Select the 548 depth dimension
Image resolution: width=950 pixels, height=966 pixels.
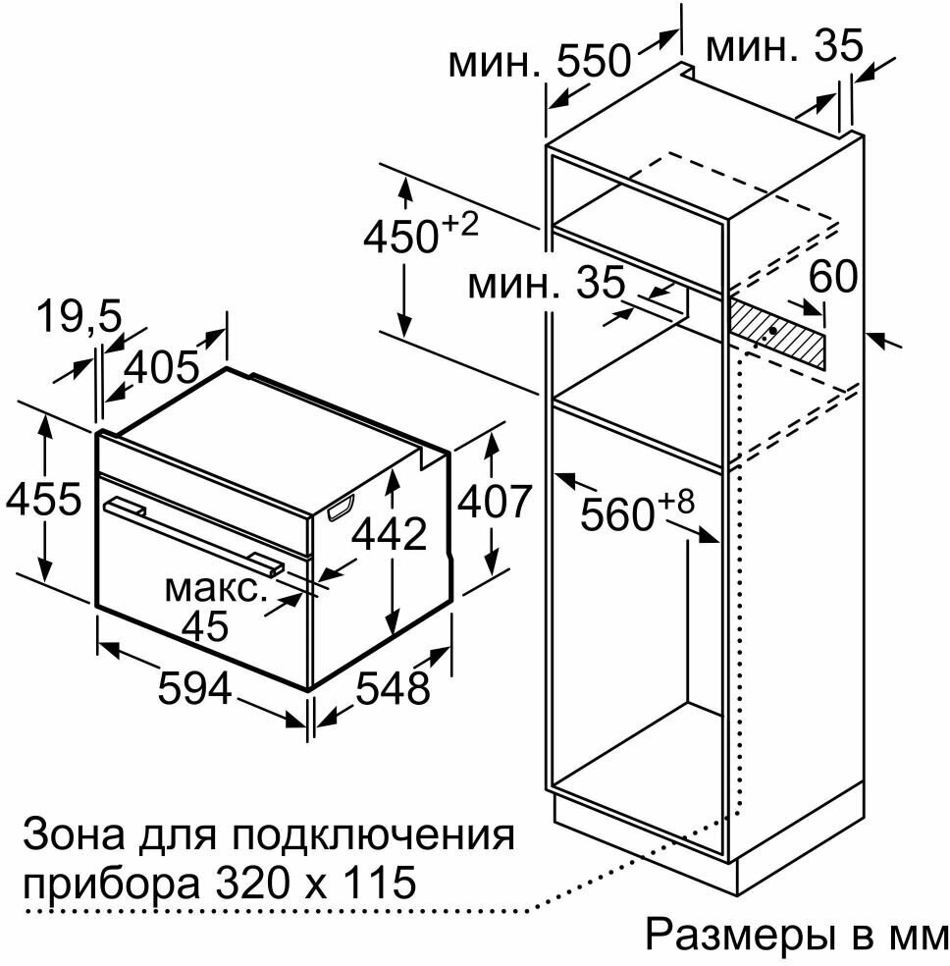coord(392,687)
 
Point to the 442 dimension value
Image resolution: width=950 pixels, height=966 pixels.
coord(390,533)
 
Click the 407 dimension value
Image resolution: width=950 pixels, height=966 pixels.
coord(495,503)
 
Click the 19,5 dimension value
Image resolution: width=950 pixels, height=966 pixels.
coord(79,317)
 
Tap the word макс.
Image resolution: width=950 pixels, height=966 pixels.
coord(215,590)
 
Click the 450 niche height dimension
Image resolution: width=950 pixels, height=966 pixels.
coord(420,235)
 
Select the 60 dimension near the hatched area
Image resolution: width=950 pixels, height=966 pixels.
coord(832,279)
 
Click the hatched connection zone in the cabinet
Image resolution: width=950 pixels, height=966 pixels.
coord(776,333)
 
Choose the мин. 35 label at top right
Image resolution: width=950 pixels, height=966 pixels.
coord(784,45)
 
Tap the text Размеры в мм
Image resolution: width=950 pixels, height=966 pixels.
coord(795,935)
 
